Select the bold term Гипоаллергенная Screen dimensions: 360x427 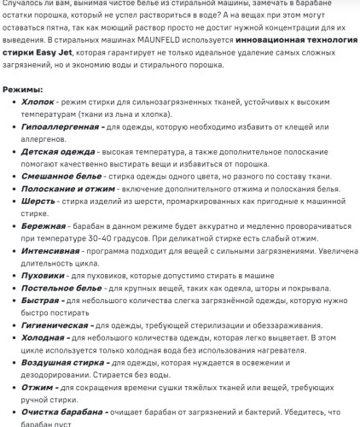60,126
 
